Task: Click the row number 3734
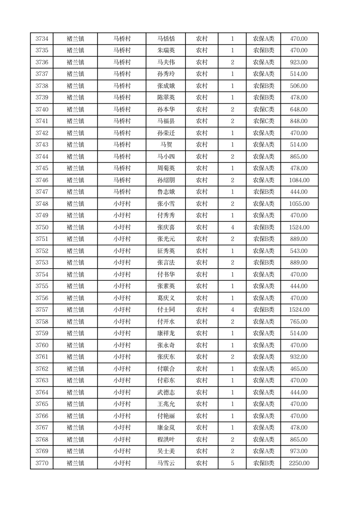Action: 42,39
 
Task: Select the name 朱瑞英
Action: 165,50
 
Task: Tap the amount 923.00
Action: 299,62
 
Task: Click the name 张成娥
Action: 165,86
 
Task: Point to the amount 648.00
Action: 299,109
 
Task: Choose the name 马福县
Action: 165,121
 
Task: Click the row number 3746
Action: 42,180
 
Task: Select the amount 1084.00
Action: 299,180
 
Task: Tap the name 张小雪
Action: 165,204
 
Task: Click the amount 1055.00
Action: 299,204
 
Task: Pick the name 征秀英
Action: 165,251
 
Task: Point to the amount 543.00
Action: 299,251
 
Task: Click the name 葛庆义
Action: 165,298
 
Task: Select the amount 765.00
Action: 299,322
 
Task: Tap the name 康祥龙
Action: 165,333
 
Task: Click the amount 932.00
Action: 299,357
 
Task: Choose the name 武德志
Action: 165,392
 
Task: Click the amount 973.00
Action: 299,451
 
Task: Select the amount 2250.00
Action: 299,463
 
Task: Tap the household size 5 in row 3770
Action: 232,463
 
